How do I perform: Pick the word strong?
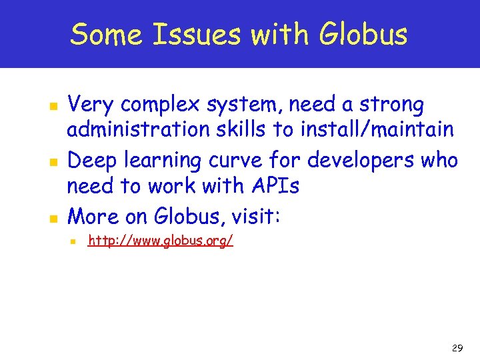[391, 105]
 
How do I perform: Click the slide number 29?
[457, 349]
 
